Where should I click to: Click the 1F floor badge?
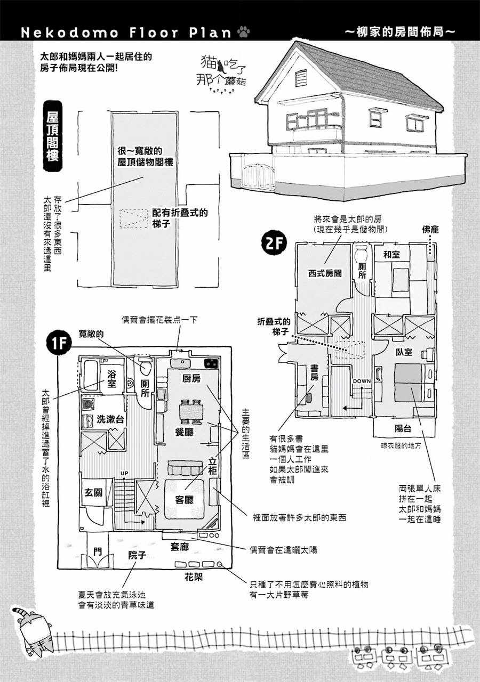[x=59, y=344]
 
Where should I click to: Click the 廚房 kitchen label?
[x=191, y=378]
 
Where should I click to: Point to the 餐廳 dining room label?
[x=184, y=432]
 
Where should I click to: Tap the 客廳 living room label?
[x=184, y=499]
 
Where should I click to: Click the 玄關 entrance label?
[x=93, y=492]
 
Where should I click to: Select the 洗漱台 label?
[x=110, y=419]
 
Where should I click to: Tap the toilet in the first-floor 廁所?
[x=146, y=367]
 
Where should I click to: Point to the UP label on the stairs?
[x=124, y=474]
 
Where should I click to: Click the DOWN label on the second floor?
[x=362, y=381]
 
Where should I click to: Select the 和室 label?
[x=391, y=255]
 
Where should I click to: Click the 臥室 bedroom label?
[x=404, y=352]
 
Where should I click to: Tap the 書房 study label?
[x=314, y=372]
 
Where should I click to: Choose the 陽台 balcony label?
[x=403, y=429]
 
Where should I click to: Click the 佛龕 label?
[x=430, y=229]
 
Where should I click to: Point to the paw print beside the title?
[x=244, y=31]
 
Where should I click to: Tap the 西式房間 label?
[x=325, y=273]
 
